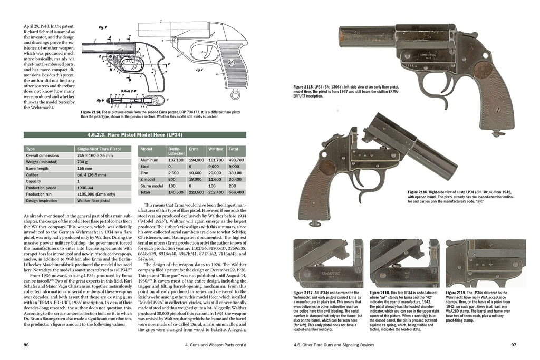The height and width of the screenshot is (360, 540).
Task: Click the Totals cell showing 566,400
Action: [x=236, y=192]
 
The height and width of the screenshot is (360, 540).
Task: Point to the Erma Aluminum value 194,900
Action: [x=196, y=159]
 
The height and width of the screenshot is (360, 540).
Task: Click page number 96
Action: [x=26, y=346]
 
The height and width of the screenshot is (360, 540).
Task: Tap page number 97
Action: [x=513, y=346]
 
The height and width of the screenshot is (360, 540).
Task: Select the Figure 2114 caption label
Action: [x=93, y=112]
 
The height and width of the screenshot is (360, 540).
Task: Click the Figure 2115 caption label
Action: [x=305, y=86]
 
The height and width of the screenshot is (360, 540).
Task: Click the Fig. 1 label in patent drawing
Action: [x=103, y=27]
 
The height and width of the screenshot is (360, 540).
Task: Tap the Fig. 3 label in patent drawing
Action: [x=199, y=70]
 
